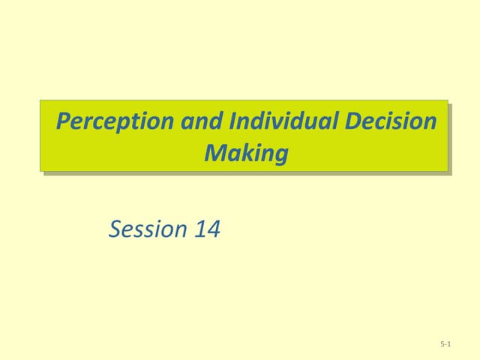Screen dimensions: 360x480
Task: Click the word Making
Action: pyautogui.click(x=246, y=154)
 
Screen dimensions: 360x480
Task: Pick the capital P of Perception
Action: pyautogui.click(x=64, y=121)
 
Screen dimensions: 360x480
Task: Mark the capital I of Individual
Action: pyautogui.click(x=234, y=121)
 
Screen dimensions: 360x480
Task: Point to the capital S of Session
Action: pyautogui.click(x=116, y=229)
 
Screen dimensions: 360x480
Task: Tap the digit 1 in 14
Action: pyautogui.click(x=199, y=229)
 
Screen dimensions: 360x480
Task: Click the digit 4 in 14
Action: pyautogui.click(x=213, y=229)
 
